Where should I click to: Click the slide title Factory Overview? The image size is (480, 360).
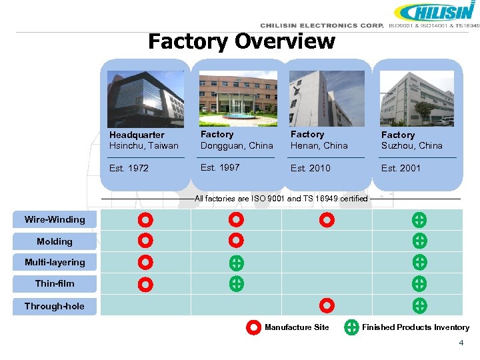241,41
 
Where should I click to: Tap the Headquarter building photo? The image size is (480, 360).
145,99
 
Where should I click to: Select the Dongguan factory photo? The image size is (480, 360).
237,99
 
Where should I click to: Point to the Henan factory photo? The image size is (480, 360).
327,99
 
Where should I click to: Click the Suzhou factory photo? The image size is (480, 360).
417,99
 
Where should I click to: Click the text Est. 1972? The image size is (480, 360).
129,168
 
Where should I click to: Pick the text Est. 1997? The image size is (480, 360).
220,167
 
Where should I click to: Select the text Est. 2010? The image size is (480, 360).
310,168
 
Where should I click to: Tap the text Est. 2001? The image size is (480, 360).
401,168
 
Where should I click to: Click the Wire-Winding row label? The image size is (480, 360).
55,220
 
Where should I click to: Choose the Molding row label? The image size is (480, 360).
55,241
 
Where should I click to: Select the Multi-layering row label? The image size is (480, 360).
55,263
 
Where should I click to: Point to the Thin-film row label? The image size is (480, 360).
55,284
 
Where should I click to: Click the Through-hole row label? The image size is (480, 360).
55,307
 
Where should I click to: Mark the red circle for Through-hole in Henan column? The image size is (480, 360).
327,306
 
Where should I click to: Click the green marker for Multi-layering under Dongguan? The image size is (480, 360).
237,263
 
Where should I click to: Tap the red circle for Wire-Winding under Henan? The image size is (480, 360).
327,220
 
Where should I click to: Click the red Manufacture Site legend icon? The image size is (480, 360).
253,327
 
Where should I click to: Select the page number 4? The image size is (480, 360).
461,343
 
